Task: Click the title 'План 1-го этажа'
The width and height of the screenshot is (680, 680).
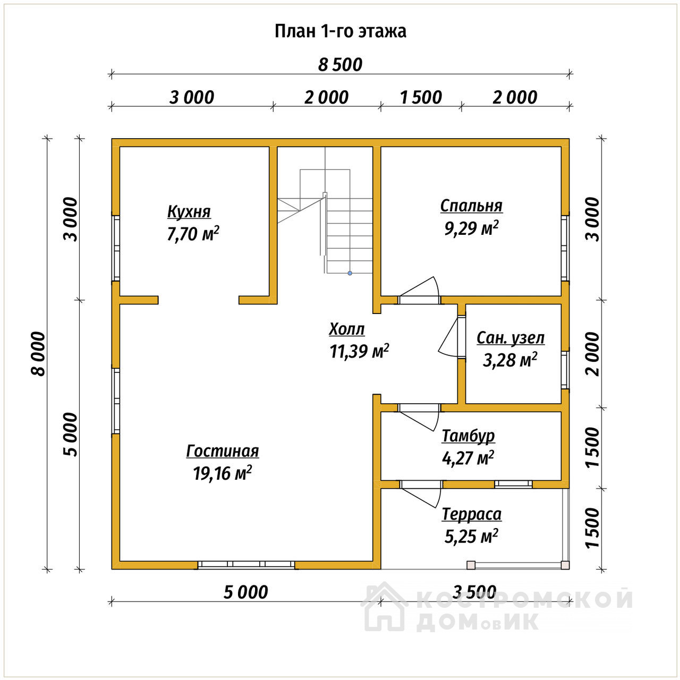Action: coord(340,31)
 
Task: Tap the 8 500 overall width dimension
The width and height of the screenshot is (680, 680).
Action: coord(340,65)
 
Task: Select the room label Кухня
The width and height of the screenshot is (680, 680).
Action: coord(189,211)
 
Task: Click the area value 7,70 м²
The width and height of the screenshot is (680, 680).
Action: coord(193,234)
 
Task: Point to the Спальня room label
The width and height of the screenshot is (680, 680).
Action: coord(471,206)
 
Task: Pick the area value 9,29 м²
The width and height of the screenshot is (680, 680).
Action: coord(471,228)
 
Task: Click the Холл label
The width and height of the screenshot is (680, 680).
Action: coord(346,329)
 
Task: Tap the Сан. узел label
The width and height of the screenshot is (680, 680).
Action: coord(511,338)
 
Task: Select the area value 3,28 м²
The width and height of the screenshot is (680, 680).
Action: coord(510,360)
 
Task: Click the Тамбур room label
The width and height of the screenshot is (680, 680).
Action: coord(468,436)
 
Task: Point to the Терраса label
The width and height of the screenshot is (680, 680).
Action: coord(472,514)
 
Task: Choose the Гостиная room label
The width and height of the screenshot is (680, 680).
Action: coord(223,451)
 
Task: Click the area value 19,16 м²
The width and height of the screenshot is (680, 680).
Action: coord(223,473)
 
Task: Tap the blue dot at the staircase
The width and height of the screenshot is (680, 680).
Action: coord(350,273)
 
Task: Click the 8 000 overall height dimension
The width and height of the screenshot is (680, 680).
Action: coord(39,354)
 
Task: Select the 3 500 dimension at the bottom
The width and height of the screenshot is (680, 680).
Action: coord(474,592)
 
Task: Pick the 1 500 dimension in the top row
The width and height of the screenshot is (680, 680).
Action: coord(421,97)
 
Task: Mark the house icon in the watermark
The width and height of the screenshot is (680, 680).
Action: coord(385,607)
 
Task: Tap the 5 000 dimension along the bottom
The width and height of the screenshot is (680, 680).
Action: coord(246,592)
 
